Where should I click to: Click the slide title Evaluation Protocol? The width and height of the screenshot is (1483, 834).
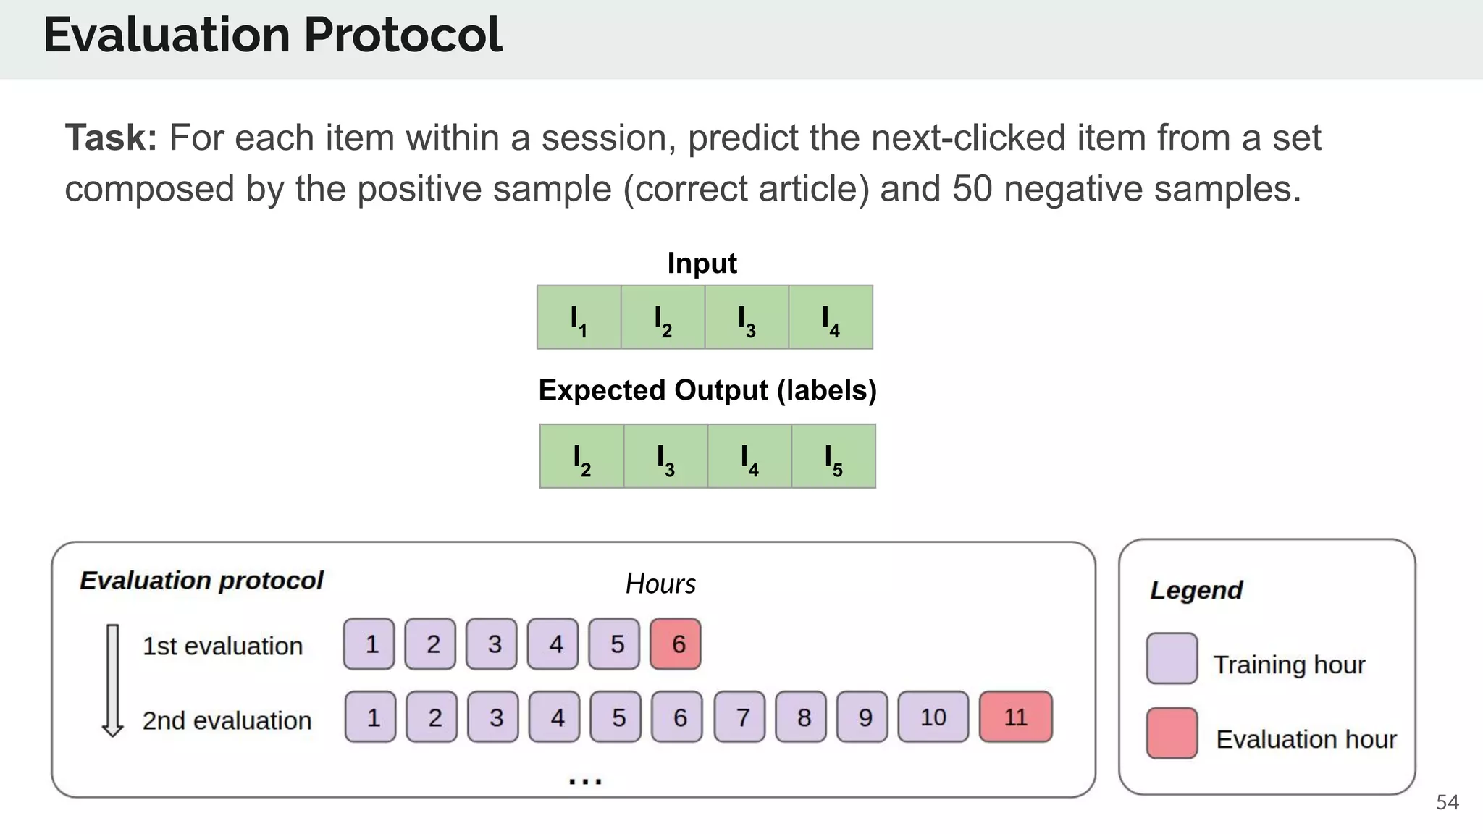[272, 35]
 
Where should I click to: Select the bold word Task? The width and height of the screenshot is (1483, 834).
[111, 138]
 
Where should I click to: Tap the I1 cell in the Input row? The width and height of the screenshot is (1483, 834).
[579, 317]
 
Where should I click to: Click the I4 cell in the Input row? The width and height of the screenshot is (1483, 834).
[831, 317]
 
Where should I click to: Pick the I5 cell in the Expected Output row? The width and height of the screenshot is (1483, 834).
[833, 456]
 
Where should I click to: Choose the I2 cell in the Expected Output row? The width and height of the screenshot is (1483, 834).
[581, 456]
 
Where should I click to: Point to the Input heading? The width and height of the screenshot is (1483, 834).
[702, 264]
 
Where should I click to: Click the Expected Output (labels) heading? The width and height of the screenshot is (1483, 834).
[707, 390]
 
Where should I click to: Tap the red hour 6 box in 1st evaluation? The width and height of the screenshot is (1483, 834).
[676, 644]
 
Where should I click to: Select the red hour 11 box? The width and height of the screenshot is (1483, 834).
[1015, 717]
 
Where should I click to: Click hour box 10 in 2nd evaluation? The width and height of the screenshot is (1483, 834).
[933, 717]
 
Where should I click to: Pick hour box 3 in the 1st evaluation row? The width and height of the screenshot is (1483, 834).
[492, 644]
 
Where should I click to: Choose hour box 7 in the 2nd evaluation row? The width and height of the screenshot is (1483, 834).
[739, 717]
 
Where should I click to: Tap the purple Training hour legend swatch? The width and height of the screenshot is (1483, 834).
[1172, 659]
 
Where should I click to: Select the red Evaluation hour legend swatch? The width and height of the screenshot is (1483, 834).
[1172, 733]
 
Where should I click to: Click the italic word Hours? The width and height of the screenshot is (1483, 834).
[660, 584]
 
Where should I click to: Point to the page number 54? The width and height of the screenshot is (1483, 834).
[1447, 802]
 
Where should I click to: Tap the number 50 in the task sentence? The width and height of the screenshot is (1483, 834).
[972, 189]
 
